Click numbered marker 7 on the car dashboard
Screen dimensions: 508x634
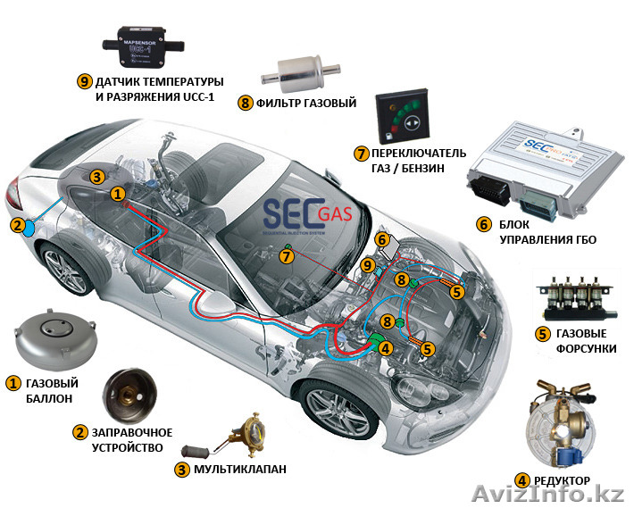pos(286,256)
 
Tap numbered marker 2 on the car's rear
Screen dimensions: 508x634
pos(16,226)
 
